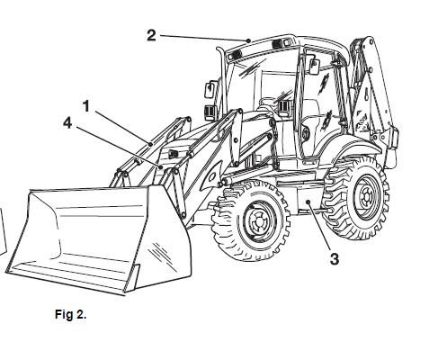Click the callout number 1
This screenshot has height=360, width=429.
(x=86, y=106)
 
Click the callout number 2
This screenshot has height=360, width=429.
(x=151, y=35)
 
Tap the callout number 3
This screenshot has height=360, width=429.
(x=335, y=259)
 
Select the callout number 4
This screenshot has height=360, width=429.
(x=67, y=123)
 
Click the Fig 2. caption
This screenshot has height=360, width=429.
(x=71, y=314)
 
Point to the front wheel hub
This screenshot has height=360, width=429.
(x=258, y=220)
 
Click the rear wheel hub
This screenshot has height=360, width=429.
(x=367, y=197)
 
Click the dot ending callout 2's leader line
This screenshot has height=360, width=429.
(x=248, y=40)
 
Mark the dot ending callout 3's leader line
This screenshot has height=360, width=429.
(x=308, y=202)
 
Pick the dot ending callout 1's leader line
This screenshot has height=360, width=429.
(x=151, y=145)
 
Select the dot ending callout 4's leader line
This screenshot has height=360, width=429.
(x=161, y=166)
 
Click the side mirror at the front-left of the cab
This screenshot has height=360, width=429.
(x=209, y=89)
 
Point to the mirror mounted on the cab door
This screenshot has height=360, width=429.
(x=314, y=67)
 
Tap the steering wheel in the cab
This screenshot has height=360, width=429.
(x=268, y=101)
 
